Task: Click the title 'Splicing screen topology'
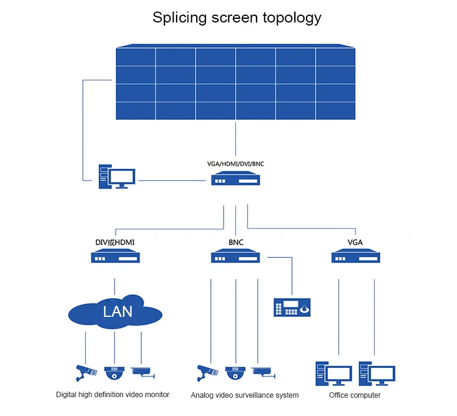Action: pyautogui.click(x=236, y=18)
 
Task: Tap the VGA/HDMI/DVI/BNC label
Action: pyautogui.click(x=235, y=164)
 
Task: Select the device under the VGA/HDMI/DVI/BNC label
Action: pyautogui.click(x=235, y=178)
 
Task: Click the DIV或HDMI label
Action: pyautogui.click(x=115, y=242)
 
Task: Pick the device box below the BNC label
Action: pyautogui.click(x=235, y=255)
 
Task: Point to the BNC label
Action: pyautogui.click(x=236, y=242)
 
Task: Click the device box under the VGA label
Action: pyautogui.click(x=356, y=255)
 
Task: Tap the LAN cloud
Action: pyautogui.click(x=115, y=312)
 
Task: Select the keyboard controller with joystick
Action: pyautogui.click(x=292, y=307)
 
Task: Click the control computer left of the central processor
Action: pyautogui.click(x=116, y=176)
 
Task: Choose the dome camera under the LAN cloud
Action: pyautogui.click(x=115, y=373)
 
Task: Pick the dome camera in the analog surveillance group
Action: pyautogui.click(x=235, y=373)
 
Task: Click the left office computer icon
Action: pyautogui.click(x=334, y=373)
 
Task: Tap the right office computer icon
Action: pyautogui.click(x=377, y=373)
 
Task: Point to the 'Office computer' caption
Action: pyautogui.click(x=355, y=395)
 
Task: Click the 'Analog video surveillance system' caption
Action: pyautogui.click(x=244, y=395)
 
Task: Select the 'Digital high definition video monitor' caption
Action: pyautogui.click(x=113, y=395)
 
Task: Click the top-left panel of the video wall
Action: pyautogui.click(x=135, y=57)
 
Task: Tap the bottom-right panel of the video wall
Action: pyautogui.click(x=336, y=111)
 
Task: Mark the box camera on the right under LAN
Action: pyautogui.click(x=143, y=373)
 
